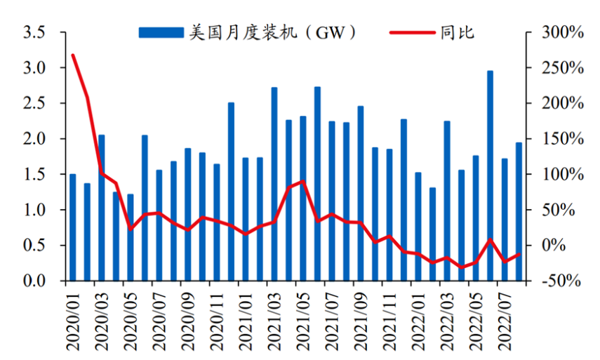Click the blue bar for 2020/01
coord(72,227)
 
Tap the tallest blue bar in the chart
coord(490,175)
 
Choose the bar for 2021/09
coord(361,193)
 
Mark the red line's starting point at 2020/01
coord(73,55)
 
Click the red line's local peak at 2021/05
coord(302,181)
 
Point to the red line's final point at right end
coord(519,254)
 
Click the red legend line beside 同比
coord(411,32)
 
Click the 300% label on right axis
coord(562,32)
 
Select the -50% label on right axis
coord(562,281)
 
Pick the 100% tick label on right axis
coord(562,174)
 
